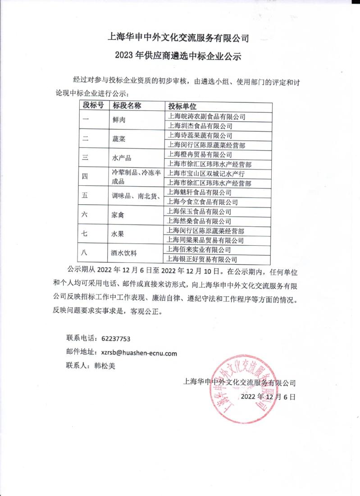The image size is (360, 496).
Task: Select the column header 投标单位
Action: coord(182,106)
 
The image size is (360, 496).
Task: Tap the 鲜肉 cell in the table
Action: coord(119,121)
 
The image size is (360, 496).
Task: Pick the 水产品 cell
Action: coord(121,159)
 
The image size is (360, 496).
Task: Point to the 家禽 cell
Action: coord(119,216)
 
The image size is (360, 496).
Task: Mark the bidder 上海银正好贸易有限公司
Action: coord(202,259)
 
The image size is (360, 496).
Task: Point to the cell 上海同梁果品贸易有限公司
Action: coord(205,240)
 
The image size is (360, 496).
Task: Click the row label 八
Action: coord(84,253)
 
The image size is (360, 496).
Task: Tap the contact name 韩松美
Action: coord(105,366)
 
